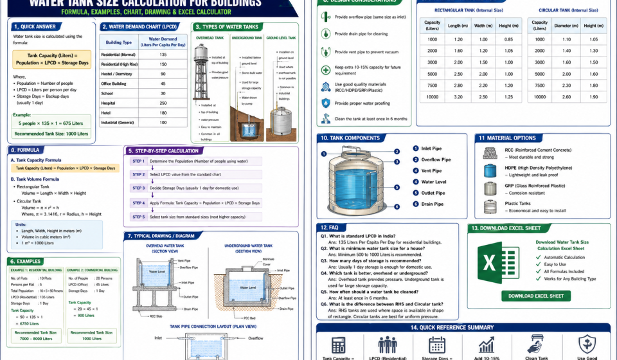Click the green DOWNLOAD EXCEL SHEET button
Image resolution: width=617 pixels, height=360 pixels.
(535, 296)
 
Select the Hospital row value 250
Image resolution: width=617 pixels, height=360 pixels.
(163, 103)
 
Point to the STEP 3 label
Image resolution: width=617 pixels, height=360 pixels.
(138, 188)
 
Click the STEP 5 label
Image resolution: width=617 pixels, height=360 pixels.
(138, 217)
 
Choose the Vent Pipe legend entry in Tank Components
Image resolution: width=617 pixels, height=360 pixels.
(431, 171)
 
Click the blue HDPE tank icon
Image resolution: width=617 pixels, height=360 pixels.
(490, 170)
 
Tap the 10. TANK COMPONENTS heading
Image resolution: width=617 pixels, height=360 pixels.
(351, 138)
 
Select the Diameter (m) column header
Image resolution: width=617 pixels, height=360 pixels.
(566, 26)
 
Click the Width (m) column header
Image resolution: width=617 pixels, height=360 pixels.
(482, 26)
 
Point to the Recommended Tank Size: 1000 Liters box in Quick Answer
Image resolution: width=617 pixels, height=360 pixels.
(51, 134)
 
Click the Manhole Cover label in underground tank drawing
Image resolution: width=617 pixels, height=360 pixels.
(268, 262)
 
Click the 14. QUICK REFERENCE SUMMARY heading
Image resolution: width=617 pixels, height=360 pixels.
(461, 327)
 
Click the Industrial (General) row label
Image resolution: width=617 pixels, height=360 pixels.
(118, 122)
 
